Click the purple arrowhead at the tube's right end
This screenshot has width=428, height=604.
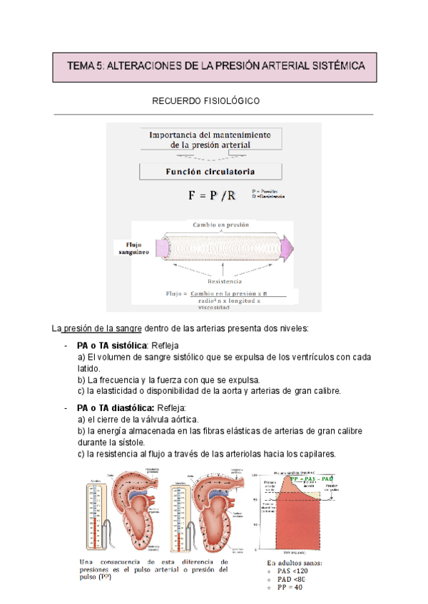click(x=287, y=247)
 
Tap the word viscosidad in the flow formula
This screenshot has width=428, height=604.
click(x=214, y=308)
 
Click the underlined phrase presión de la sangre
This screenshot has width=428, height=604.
click(x=102, y=328)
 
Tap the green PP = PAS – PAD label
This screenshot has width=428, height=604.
click(x=312, y=480)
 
